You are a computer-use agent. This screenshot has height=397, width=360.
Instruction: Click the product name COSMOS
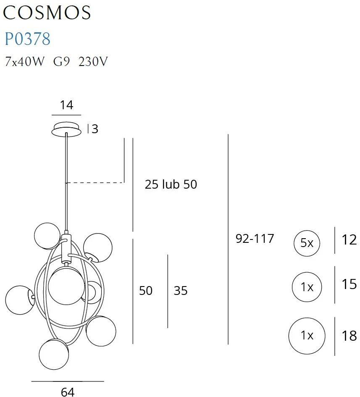(x=47, y=13)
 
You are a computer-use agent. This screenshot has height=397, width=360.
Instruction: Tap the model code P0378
(x=28, y=39)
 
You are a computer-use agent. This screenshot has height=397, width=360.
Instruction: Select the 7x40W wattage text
(x=24, y=61)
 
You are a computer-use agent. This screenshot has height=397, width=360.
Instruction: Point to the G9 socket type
(x=61, y=61)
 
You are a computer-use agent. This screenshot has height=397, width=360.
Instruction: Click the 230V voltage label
(x=93, y=61)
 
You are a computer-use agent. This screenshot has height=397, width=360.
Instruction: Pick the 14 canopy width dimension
(x=67, y=105)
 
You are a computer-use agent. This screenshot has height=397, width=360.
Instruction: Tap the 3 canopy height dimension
(x=95, y=129)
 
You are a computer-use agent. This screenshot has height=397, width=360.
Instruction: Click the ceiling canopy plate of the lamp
(x=67, y=130)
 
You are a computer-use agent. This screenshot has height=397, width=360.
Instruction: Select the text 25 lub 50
(x=171, y=184)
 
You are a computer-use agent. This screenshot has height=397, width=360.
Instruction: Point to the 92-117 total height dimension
(x=255, y=238)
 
